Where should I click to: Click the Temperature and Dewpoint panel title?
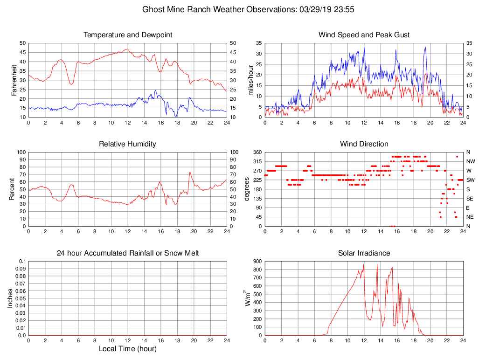[128, 35]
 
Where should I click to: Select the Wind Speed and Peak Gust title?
[364, 35]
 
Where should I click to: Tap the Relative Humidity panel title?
[128, 144]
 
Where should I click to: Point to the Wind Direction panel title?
[364, 144]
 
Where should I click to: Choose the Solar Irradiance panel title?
[364, 253]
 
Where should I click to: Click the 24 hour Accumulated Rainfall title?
[128, 253]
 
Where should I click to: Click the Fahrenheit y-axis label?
[14, 80]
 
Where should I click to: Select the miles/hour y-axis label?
[250, 80]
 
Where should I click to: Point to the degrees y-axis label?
[247, 189]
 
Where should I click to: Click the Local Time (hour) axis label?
[128, 349]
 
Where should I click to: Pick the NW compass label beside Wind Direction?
[470, 161]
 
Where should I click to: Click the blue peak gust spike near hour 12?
[364, 48]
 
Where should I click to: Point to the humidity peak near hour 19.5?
[189, 172]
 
